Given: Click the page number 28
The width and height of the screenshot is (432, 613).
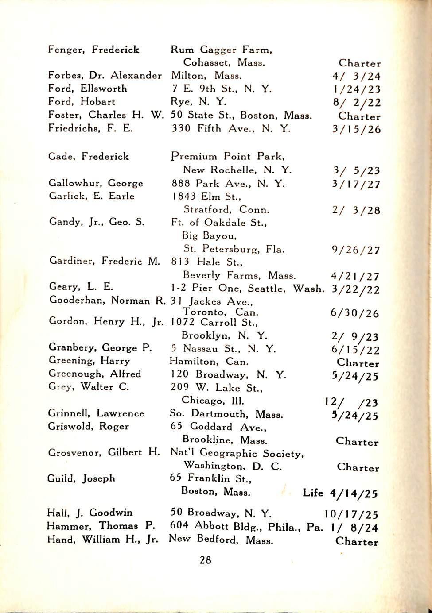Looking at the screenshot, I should point(205,560).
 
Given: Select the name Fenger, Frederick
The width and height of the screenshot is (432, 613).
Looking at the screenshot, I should point(93,50).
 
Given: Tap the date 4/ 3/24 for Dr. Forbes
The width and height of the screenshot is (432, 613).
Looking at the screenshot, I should point(357,76).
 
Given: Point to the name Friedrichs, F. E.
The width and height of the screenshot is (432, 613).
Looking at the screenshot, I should point(90,129).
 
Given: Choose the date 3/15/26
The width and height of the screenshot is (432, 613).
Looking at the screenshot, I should point(357,130).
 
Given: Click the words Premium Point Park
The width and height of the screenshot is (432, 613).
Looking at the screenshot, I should point(228,156).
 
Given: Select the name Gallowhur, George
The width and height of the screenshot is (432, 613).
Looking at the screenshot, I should point(96,183).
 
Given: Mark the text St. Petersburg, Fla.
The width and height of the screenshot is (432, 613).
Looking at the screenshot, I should point(234,249).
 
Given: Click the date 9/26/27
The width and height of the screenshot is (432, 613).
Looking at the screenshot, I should point(356,250).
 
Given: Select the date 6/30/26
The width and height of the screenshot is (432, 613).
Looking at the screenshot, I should point(355,313).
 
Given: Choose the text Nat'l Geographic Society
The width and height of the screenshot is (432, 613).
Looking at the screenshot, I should point(237,453).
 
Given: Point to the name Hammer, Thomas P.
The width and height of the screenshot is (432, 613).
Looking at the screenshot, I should point(101,526).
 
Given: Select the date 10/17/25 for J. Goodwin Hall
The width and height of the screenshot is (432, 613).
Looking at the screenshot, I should point(351,514).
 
